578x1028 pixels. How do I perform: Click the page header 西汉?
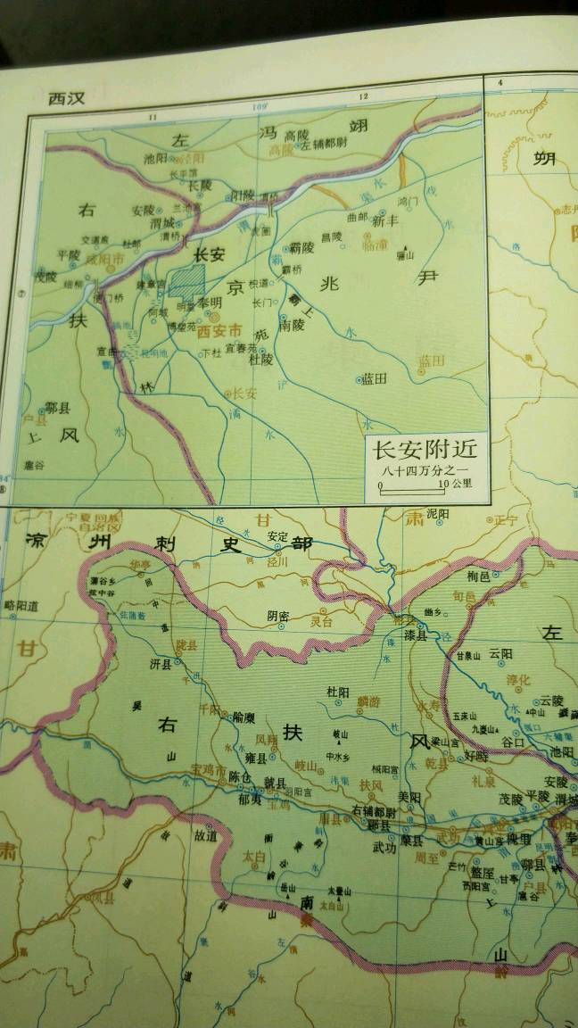point(66,98)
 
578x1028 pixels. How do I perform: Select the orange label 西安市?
point(218,331)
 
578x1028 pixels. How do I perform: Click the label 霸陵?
point(301,247)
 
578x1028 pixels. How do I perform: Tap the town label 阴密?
point(278,614)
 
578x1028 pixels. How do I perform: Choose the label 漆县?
point(416,638)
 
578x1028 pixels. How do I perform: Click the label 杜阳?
point(337,691)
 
